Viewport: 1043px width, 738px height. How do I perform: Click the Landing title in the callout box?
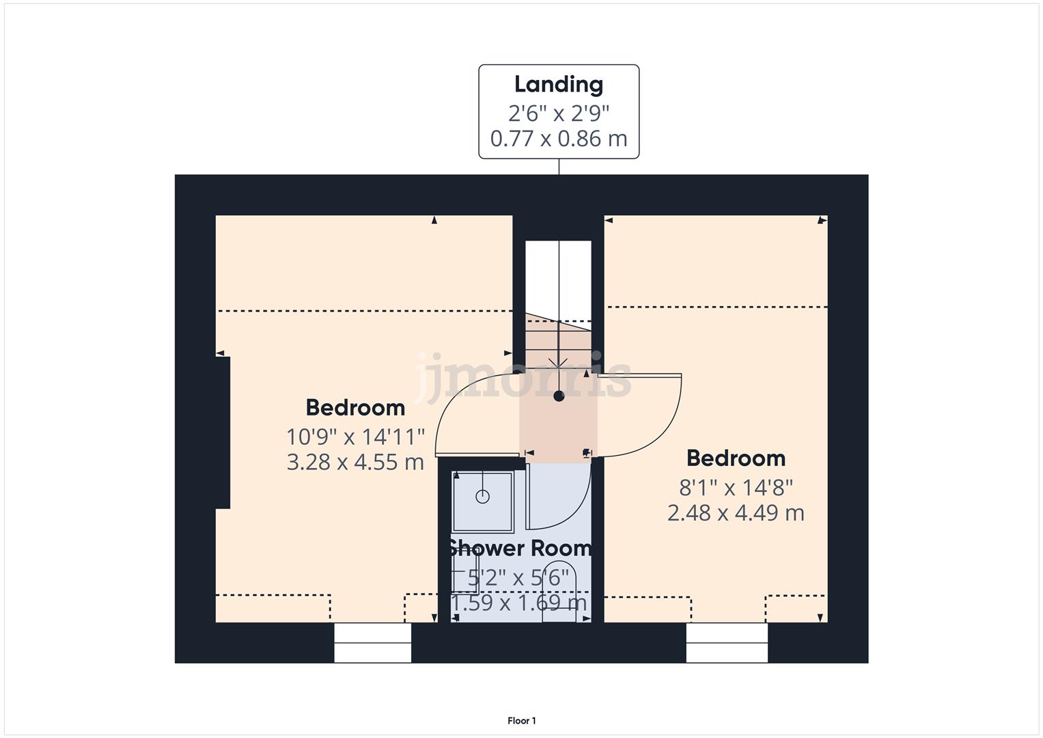(x=558, y=85)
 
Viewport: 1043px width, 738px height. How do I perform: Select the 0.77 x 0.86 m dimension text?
(x=558, y=139)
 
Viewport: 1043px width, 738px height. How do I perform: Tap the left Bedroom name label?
(x=355, y=408)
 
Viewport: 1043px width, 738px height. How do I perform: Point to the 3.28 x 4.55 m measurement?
(x=355, y=462)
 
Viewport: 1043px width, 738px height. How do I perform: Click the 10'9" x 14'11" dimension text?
(x=355, y=436)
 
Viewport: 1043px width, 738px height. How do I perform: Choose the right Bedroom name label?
(x=736, y=459)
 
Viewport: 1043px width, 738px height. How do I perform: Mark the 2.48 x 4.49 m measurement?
(x=736, y=512)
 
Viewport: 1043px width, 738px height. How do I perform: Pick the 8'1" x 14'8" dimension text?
(x=736, y=487)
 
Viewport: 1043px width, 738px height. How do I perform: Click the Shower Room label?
(x=519, y=548)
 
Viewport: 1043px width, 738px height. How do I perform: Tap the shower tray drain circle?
(x=482, y=497)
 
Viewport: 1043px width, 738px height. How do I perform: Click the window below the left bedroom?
(x=372, y=643)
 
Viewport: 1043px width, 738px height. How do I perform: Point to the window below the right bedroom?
(x=727, y=643)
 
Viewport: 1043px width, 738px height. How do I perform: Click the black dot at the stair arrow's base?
(x=559, y=396)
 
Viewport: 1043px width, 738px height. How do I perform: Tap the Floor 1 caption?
(x=522, y=721)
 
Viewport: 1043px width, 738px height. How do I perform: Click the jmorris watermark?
(x=523, y=376)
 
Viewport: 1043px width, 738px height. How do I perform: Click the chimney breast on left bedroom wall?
(x=223, y=432)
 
